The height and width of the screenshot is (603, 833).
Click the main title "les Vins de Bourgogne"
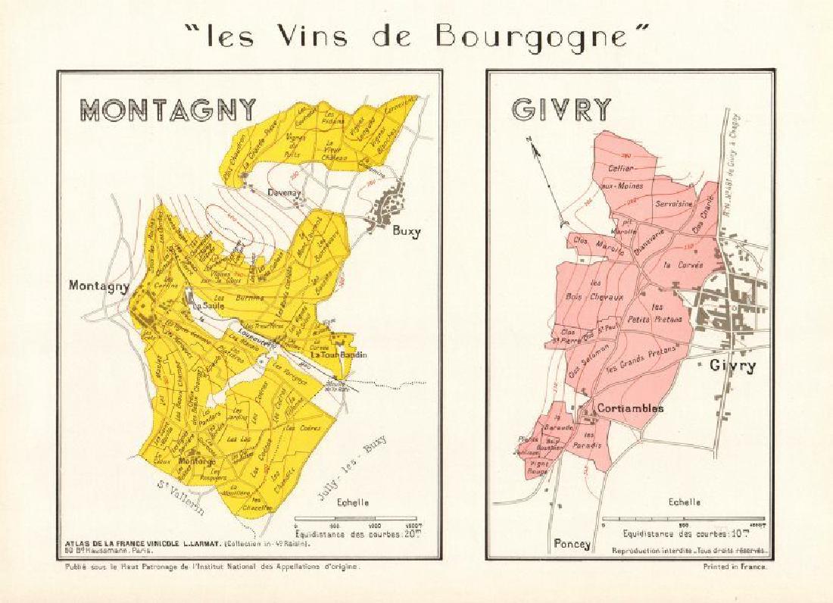coord(416,36)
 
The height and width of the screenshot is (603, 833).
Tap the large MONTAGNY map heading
coord(169,108)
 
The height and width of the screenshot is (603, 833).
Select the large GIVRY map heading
coord(561,109)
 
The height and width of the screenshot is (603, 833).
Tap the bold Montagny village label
coord(99,286)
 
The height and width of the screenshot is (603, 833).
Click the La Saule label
coord(205,306)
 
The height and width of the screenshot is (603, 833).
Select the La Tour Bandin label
coord(339,355)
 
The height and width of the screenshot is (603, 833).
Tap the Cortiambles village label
coord(630,408)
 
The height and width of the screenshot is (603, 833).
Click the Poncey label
coord(572,543)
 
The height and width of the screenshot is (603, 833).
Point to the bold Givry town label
coord(732,366)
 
